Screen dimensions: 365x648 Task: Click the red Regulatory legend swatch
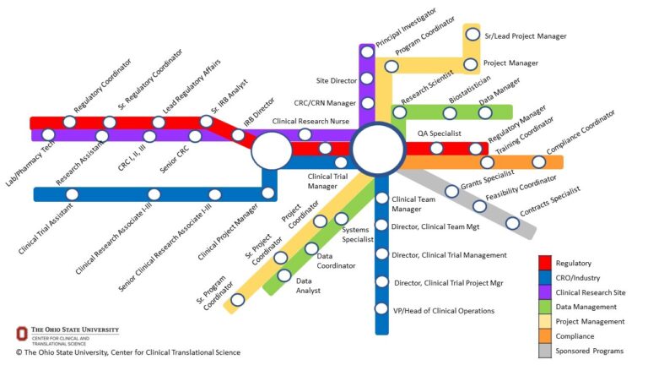tap(545, 264)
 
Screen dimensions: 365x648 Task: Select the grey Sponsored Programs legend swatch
tap(545, 350)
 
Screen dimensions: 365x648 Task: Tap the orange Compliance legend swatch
tap(545, 335)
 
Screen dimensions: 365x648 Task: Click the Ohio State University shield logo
tap(20, 334)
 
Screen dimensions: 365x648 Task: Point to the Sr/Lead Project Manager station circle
tap(472, 35)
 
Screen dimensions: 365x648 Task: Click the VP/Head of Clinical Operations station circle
tap(381, 309)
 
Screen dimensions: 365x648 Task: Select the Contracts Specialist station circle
tap(512, 223)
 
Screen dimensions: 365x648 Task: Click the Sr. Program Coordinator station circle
tap(238, 299)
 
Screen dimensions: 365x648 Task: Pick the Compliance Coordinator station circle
tap(538, 162)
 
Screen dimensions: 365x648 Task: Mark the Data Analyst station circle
tap(284, 275)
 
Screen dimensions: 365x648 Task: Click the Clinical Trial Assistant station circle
tap(72, 194)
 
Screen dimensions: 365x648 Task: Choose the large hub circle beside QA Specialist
tap(378, 149)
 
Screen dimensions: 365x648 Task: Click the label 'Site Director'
tap(334, 80)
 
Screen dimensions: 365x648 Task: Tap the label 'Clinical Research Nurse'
tap(310, 122)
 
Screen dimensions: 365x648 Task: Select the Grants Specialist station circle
tap(451, 191)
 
